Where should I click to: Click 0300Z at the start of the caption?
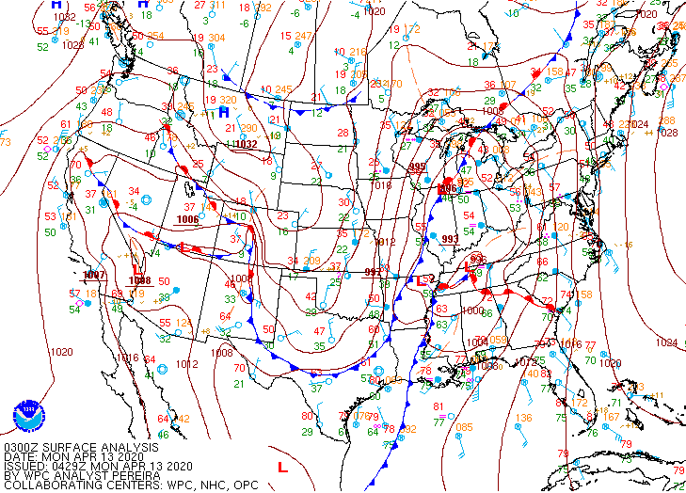22,448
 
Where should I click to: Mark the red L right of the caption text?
281,466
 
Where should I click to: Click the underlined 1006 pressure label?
188,219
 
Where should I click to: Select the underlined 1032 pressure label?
246,145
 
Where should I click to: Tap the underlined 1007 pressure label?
94,275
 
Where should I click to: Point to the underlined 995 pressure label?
418,167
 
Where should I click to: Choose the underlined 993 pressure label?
451,238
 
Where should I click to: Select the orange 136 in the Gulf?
523,418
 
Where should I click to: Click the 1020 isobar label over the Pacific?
61,351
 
